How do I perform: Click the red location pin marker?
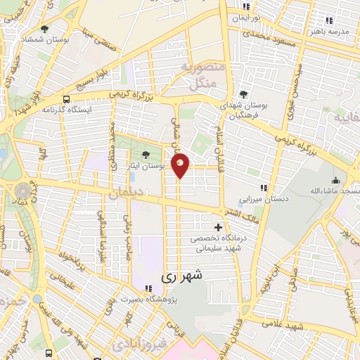181,165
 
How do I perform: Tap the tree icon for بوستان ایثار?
146,155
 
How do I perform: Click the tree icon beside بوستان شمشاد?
44,29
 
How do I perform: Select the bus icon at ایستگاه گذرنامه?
66,100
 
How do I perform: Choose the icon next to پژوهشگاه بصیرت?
148,288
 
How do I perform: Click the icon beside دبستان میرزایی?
264,188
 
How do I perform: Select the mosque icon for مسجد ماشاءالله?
337,180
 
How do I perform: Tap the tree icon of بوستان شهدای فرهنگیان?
243,94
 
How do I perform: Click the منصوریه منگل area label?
205,76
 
